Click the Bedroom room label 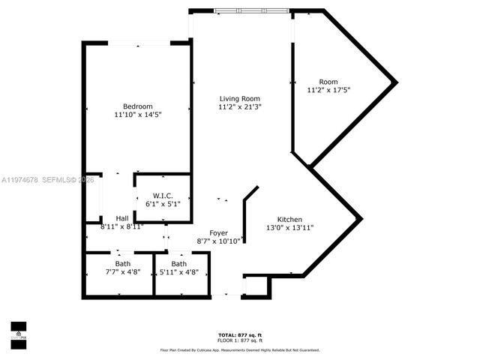pos(138,106)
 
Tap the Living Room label pos(240,98)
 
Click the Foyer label pos(218,232)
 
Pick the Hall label pos(121,218)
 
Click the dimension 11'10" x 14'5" pos(138,115)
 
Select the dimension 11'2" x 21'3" pos(240,107)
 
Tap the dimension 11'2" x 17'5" pos(328,91)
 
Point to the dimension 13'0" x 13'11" pos(289,227)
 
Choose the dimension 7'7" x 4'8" pos(121,273)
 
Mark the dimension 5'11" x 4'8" pos(178,273)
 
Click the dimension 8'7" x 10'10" pos(218,241)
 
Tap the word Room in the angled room pos(328,82)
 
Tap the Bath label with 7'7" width pos(121,264)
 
